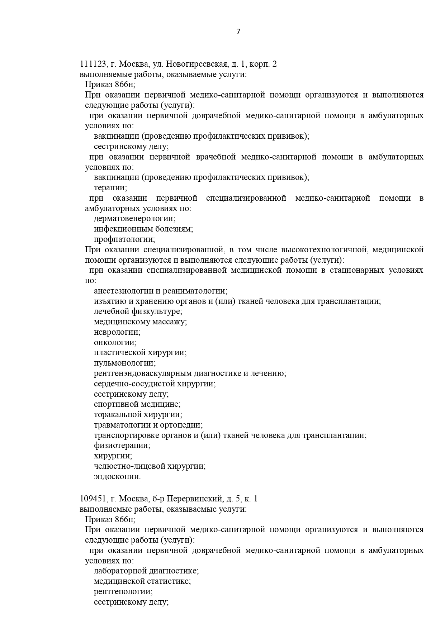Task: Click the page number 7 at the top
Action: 238,32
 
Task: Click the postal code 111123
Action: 93,64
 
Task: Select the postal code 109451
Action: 93,499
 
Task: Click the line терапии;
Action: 110,188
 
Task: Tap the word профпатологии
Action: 124,239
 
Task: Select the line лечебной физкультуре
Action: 138,311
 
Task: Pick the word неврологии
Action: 117,332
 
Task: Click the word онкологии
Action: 115,342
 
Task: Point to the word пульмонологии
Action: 124,363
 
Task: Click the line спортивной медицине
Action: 137,404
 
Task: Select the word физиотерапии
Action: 122,445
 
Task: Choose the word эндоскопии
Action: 117,477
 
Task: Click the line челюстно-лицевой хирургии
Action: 150,466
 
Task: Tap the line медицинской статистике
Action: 142,581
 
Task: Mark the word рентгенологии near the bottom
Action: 123,592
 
